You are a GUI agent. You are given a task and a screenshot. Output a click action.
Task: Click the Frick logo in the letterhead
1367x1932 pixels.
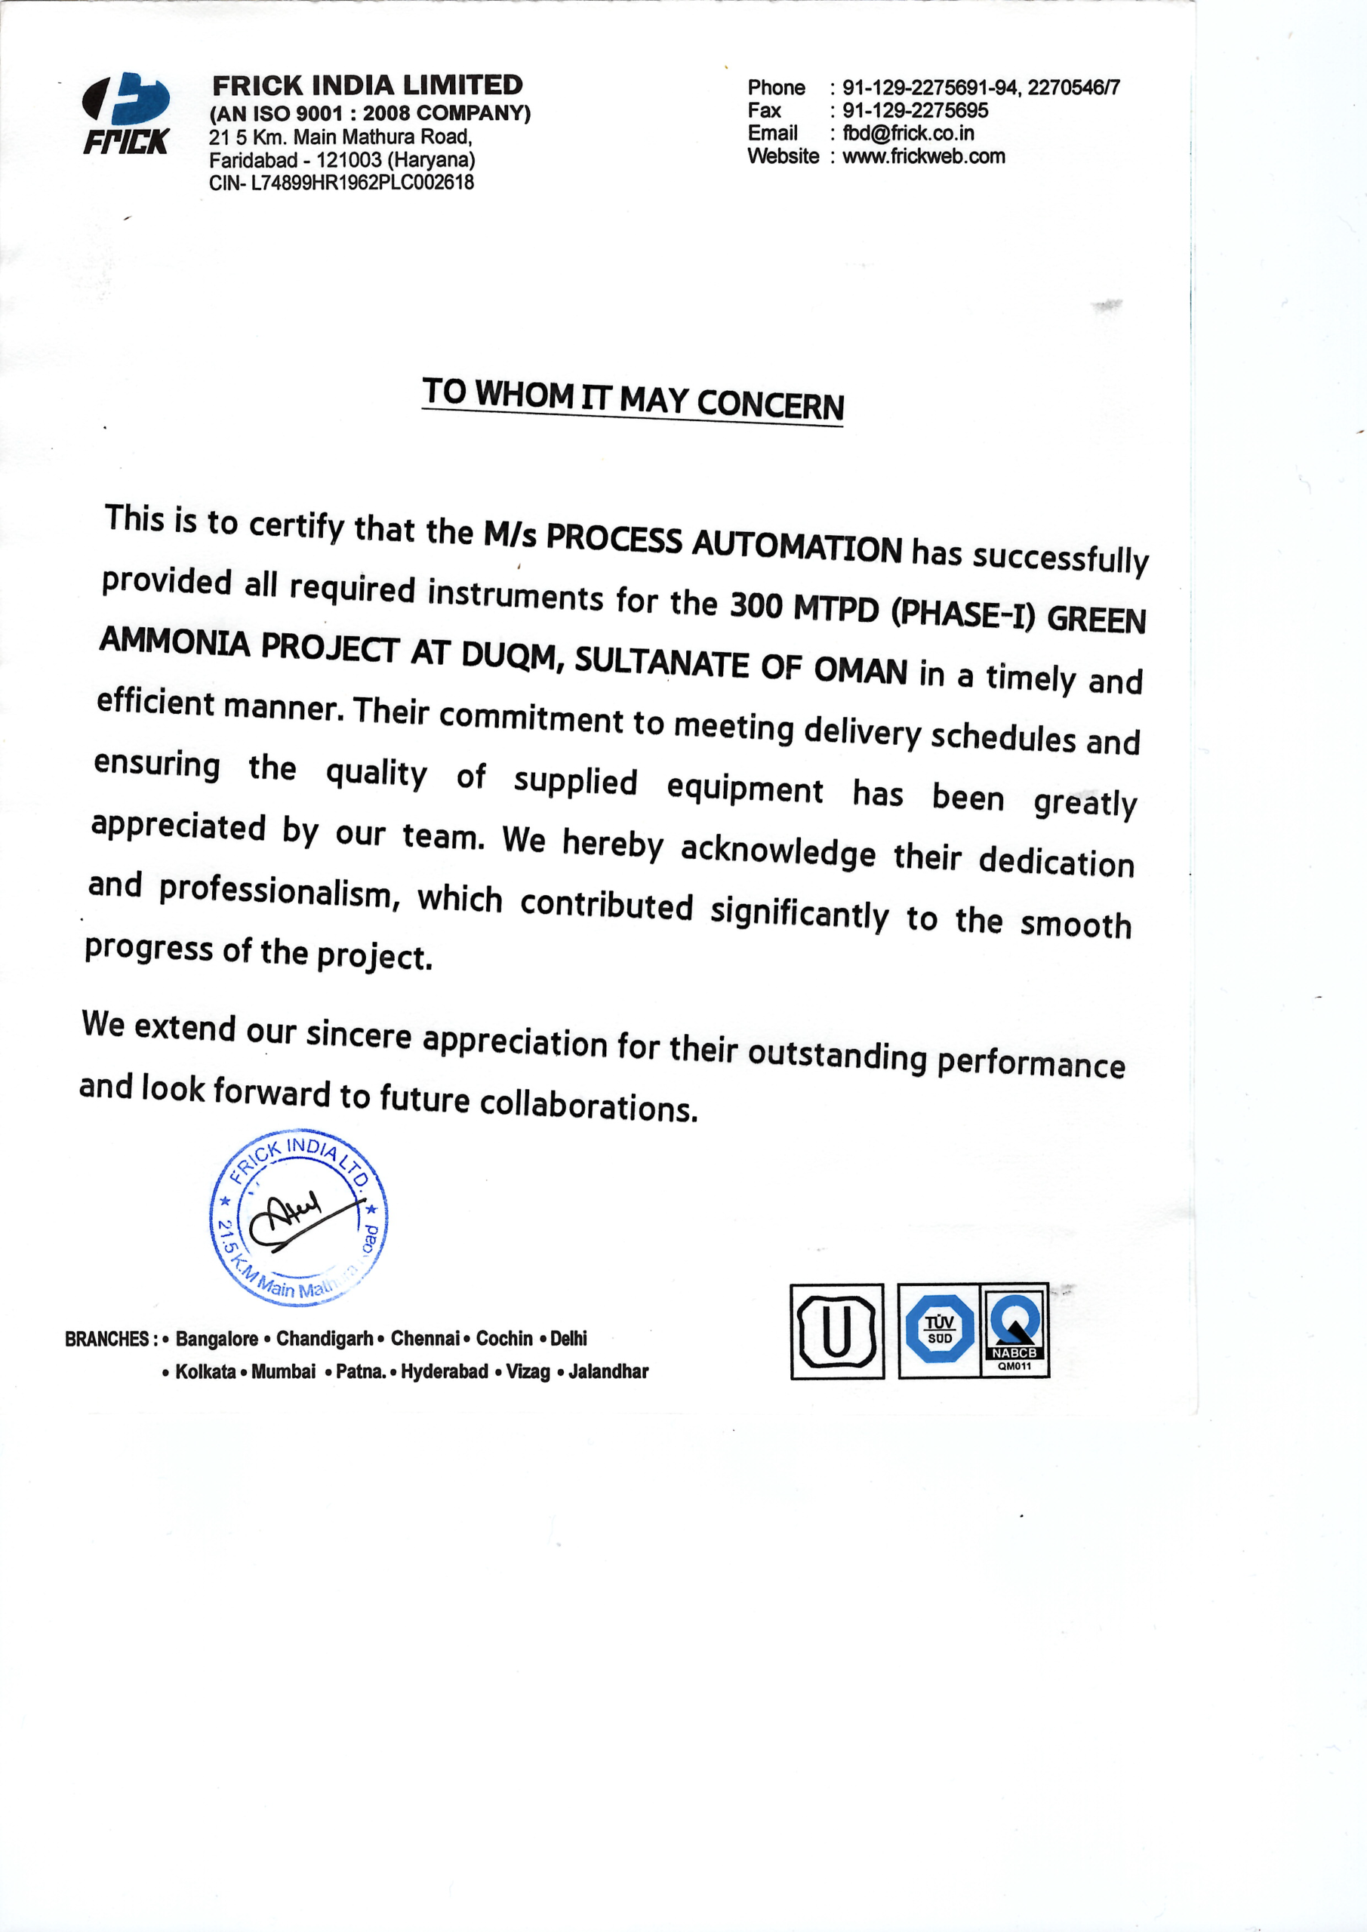pos(126,115)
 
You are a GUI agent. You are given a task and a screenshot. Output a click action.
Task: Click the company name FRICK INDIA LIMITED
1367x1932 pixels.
pos(367,85)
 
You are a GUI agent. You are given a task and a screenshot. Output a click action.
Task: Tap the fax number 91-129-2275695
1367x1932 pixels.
pos(915,110)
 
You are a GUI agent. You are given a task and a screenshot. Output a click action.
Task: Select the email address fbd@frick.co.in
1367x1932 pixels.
pos(908,133)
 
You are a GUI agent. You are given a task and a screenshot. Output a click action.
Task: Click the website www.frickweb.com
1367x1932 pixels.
pos(923,155)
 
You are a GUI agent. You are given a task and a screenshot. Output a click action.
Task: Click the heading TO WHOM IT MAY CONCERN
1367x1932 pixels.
pos(633,399)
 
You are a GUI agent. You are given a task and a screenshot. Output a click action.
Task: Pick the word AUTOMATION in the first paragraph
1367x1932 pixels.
pos(796,546)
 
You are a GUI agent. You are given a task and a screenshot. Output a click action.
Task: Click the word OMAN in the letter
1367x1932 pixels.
pos(861,670)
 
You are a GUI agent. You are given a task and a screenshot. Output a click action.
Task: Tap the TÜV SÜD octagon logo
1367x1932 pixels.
pos(940,1329)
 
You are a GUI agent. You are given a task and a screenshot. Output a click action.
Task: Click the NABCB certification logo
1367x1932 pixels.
pos(1014,1329)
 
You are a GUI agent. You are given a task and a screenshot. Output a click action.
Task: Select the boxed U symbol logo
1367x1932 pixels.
pos(836,1331)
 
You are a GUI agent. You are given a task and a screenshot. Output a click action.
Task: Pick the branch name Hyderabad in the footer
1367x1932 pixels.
pos(445,1371)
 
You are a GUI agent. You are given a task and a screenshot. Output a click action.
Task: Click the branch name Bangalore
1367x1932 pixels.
pos(217,1338)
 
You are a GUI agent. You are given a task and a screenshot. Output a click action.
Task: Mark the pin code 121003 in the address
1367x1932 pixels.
pos(349,160)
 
